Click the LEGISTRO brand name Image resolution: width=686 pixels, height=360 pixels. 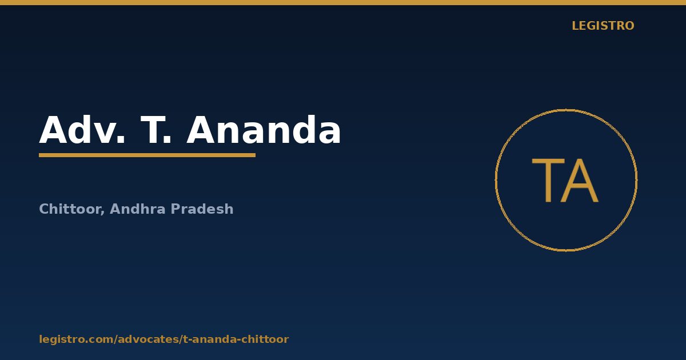pyautogui.click(x=603, y=26)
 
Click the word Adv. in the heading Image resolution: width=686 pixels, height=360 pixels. pyautogui.click(x=82, y=130)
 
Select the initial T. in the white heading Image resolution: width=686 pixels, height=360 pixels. pyautogui.click(x=155, y=130)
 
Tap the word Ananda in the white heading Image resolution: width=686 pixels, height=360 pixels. pyautogui.click(x=264, y=130)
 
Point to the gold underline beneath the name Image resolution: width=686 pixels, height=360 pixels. pyautogui.click(x=147, y=155)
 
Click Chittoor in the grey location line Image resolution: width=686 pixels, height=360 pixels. pyautogui.click(x=72, y=209)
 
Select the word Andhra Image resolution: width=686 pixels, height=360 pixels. pyautogui.click(x=138, y=209)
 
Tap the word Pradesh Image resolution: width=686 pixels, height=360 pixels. pyautogui.click(x=202, y=209)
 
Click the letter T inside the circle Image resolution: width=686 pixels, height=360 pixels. pyautogui.click(x=548, y=181)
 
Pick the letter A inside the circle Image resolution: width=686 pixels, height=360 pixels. pyautogui.click(x=580, y=181)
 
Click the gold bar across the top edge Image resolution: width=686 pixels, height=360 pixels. pyautogui.click(x=343, y=2)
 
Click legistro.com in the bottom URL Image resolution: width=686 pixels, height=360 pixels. pyautogui.click(x=76, y=339)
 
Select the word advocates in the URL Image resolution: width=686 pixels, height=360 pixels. pyautogui.click(x=149, y=339)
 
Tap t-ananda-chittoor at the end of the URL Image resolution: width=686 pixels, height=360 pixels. pyautogui.click(x=236, y=339)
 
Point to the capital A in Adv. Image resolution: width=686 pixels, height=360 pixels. pyautogui.click(x=53, y=130)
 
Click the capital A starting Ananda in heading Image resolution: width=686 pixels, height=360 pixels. pyautogui.click(x=200, y=130)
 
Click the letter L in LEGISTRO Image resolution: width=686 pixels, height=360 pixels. pyautogui.click(x=575, y=26)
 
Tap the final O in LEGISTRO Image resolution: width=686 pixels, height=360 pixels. pyautogui.click(x=629, y=26)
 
